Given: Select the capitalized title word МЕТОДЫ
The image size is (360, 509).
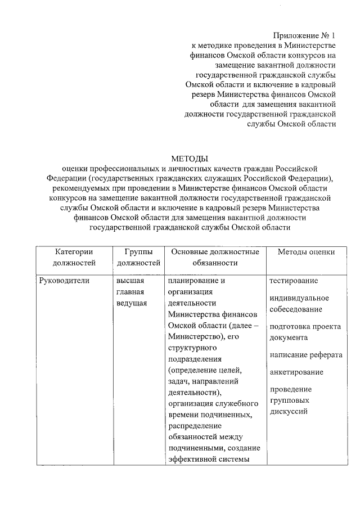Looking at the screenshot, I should tap(190, 158).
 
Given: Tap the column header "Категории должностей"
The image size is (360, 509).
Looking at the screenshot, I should tap(74, 257).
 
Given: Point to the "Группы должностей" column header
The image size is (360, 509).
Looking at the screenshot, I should tap(138, 257).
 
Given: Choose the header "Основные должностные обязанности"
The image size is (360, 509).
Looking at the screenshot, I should tap(215, 257).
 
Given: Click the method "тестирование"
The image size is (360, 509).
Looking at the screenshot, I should tap(293, 281).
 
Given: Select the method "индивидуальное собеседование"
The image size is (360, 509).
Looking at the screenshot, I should tap(299, 303).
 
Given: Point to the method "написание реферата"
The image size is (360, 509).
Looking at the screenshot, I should tap(305, 355).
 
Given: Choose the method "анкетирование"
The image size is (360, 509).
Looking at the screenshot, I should tap(296, 372).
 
